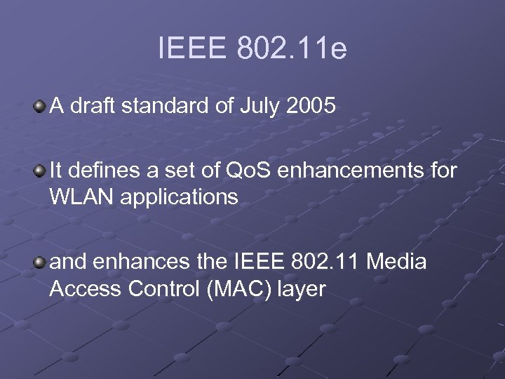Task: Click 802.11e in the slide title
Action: (x=292, y=50)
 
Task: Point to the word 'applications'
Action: (x=180, y=198)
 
